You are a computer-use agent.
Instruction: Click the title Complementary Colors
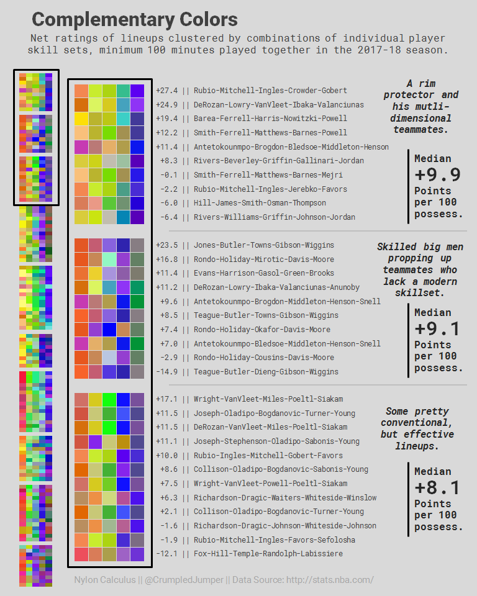(x=134, y=19)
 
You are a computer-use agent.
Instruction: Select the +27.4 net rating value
(x=166, y=91)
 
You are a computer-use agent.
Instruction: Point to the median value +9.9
(x=437, y=174)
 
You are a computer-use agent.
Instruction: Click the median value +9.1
(x=437, y=328)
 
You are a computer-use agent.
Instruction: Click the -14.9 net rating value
(x=166, y=372)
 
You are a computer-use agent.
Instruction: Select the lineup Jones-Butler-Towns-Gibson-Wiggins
(x=263, y=245)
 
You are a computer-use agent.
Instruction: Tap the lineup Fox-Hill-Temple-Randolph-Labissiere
(x=268, y=554)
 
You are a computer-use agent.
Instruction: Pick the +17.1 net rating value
(x=166, y=399)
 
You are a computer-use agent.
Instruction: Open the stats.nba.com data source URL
(x=329, y=580)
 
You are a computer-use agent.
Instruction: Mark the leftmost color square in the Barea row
(x=81, y=119)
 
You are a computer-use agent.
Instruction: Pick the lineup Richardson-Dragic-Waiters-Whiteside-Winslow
(x=285, y=498)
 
